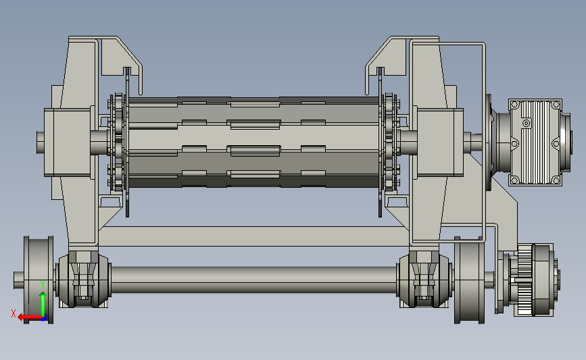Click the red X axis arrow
pos(30,318)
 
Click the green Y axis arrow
pos(43,305)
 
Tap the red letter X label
pos(14,313)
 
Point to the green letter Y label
pos(43,284)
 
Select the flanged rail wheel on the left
pos(39,280)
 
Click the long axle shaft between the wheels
pos(253,280)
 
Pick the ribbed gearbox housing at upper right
pos(535,142)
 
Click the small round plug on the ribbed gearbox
pos(527,123)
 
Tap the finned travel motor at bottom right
pos(534,280)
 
